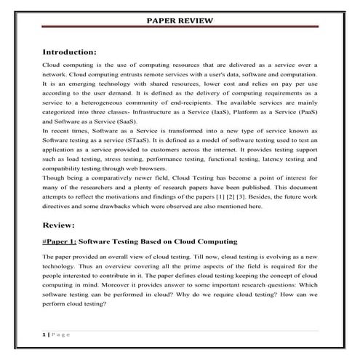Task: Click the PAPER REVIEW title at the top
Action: (180, 20)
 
